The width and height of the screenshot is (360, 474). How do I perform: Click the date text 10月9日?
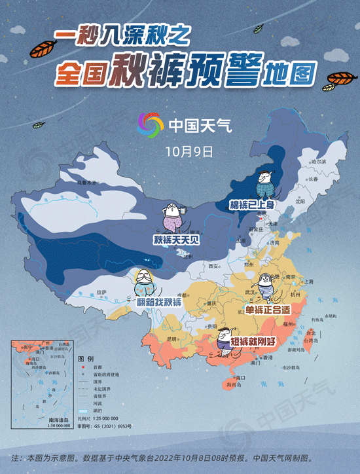click(x=189, y=151)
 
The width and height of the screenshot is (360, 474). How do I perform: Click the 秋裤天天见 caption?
click(x=176, y=240)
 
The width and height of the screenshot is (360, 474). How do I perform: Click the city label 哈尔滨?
click(x=318, y=161)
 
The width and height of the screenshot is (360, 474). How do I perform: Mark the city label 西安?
click(x=212, y=266)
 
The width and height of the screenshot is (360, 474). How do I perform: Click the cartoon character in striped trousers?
click(x=266, y=285)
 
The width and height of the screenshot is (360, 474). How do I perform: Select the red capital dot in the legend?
click(x=81, y=368)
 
